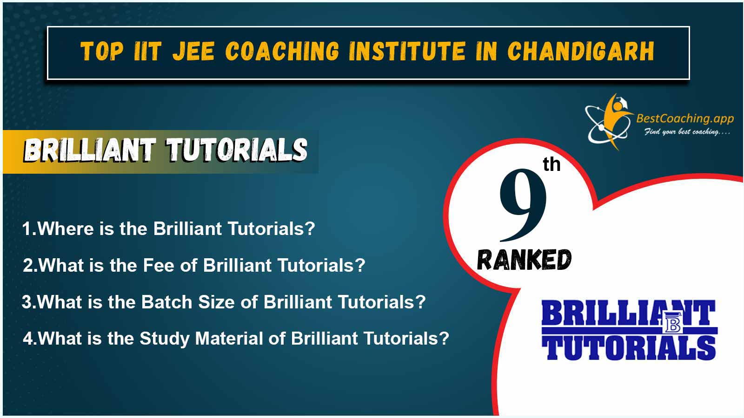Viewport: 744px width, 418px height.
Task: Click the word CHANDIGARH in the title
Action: tap(581, 52)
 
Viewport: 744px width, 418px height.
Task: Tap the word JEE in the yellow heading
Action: tap(193, 52)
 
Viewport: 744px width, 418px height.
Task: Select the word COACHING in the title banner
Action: tap(282, 52)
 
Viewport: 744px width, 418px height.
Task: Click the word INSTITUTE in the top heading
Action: tap(407, 52)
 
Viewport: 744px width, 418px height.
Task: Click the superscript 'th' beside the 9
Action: tap(551, 164)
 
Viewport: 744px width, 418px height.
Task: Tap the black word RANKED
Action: tap(524, 260)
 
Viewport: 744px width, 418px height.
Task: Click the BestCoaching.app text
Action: tap(685, 118)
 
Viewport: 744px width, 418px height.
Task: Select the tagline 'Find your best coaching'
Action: tap(687, 132)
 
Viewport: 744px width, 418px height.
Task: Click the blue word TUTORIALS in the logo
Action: tap(629, 348)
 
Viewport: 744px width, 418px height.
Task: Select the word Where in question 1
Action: tap(66, 229)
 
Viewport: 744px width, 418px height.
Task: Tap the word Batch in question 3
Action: tap(167, 302)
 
